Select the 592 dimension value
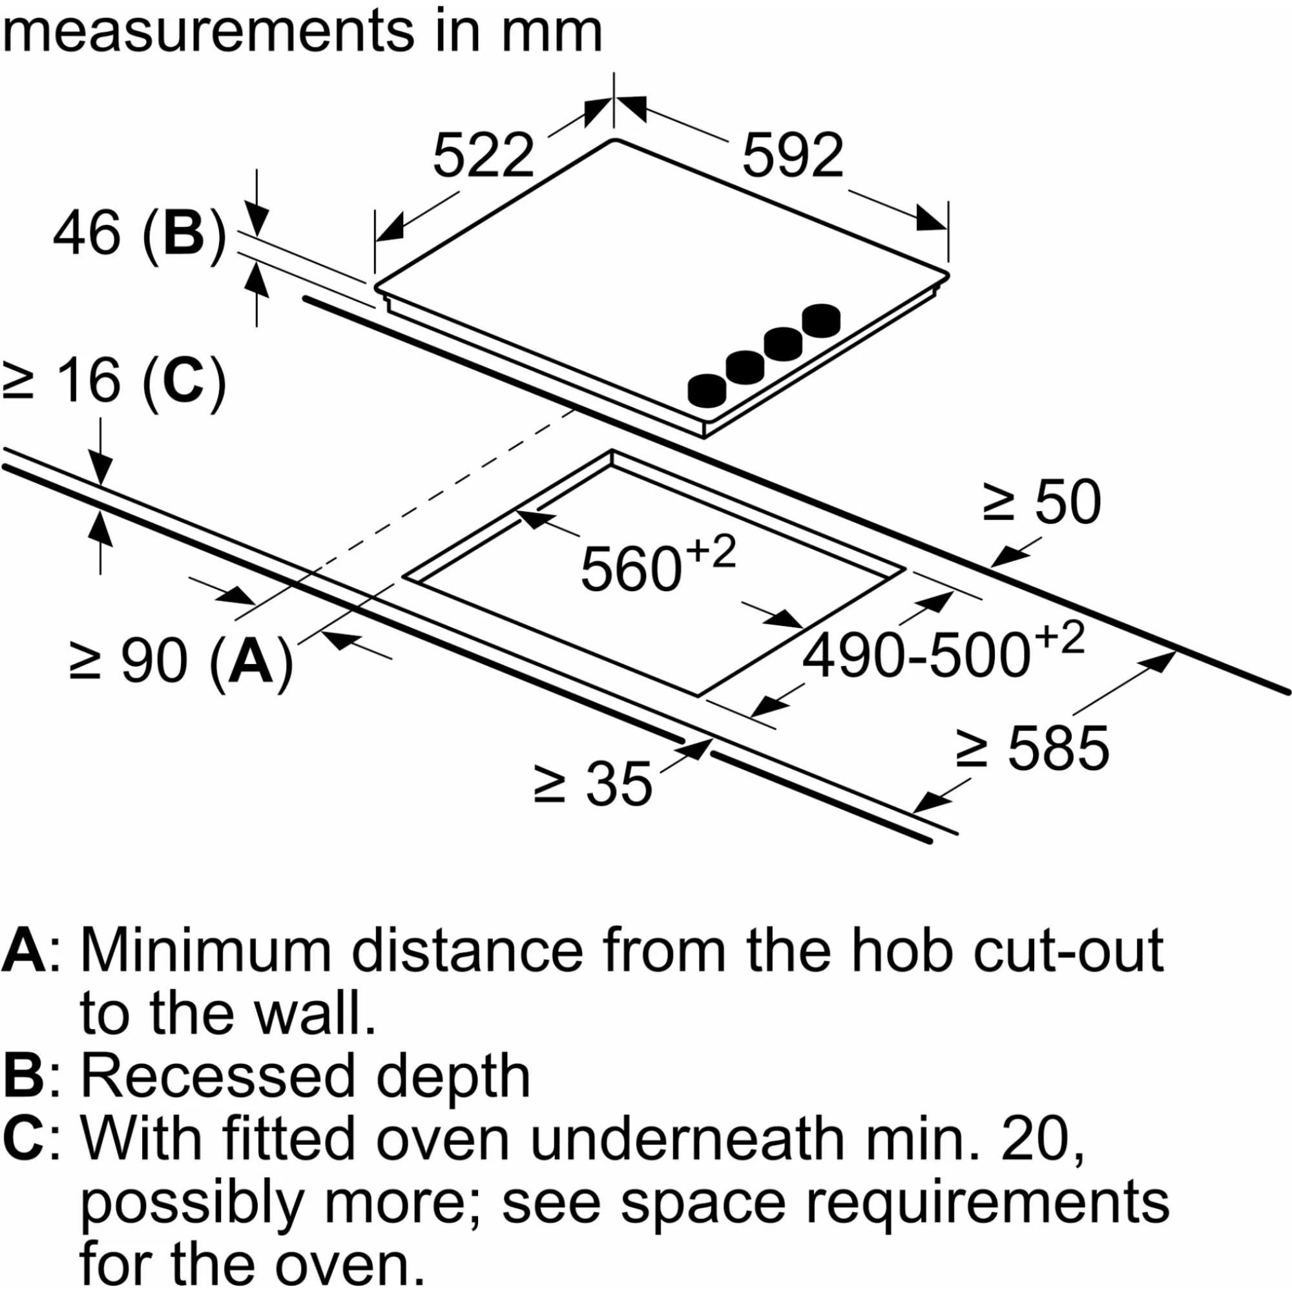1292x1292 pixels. (x=793, y=156)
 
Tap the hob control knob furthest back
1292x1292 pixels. (x=821, y=320)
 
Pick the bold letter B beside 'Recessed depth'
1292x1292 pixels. (x=23, y=1076)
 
